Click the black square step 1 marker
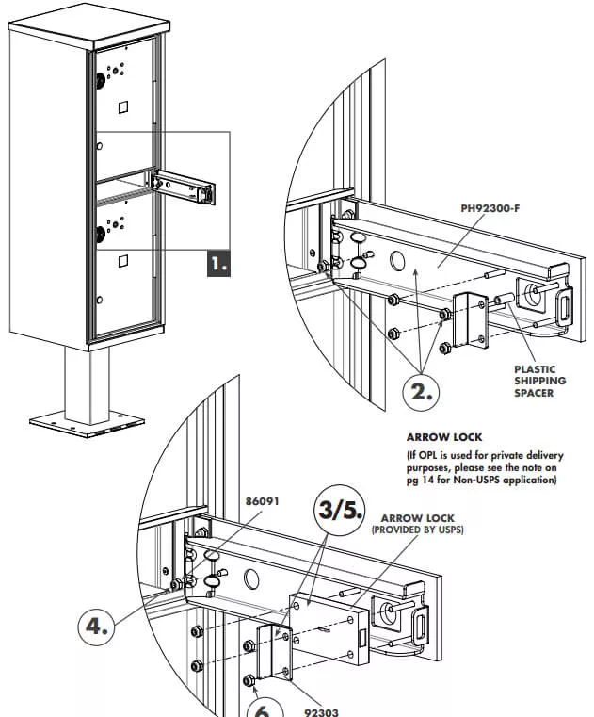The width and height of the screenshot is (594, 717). click(x=217, y=263)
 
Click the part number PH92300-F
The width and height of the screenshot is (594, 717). click(x=490, y=207)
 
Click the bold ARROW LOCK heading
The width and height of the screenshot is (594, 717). click(x=444, y=438)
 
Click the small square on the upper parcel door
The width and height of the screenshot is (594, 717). click(x=121, y=108)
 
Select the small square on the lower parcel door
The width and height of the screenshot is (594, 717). click(x=121, y=257)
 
